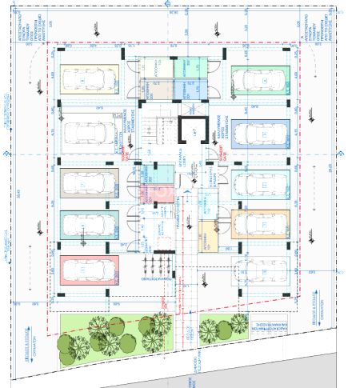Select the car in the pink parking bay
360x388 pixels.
click(x=86, y=270)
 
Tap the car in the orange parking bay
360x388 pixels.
click(x=261, y=226)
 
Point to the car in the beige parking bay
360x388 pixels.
click(x=86, y=184)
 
